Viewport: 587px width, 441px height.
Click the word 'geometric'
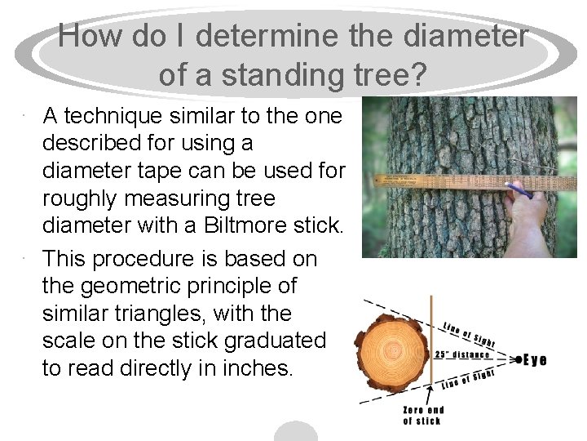coord(135,286)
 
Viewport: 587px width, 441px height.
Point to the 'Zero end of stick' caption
coord(424,415)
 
